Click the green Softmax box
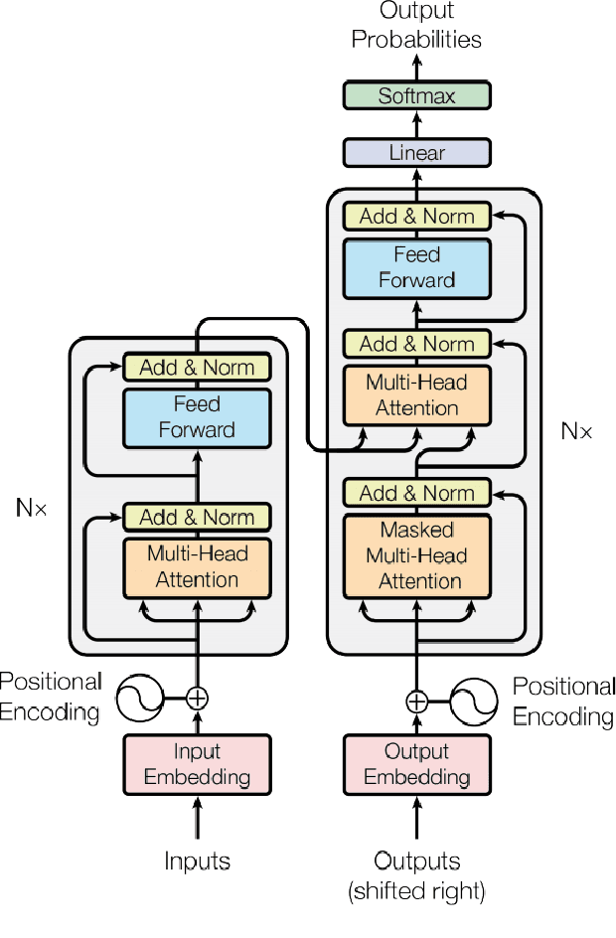pos(416,96)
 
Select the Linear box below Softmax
pos(416,153)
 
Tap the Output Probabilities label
pos(416,27)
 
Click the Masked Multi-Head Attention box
pos(416,555)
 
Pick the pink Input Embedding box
pos(197,764)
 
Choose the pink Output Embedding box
pos(416,764)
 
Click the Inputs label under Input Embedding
pos(197,860)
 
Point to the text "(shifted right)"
pos(416,891)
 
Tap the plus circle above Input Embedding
pos(198,698)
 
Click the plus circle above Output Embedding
pos(416,702)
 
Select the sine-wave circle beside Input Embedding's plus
pos(140,698)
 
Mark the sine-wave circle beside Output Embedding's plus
pos(474,702)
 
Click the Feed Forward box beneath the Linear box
pos(416,268)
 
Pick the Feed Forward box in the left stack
pos(197,417)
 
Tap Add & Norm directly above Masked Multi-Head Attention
pos(416,493)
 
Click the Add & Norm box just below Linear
pos(416,216)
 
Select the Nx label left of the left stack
pos(32,508)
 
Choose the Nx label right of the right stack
pos(576,431)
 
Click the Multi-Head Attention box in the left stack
pos(197,566)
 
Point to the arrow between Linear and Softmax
pos(416,124)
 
